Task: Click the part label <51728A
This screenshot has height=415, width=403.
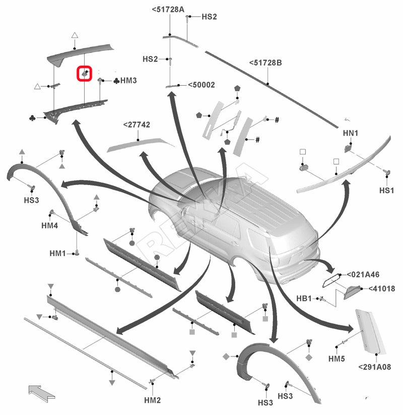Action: click(x=168, y=10)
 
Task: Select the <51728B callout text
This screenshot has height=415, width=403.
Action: click(x=265, y=63)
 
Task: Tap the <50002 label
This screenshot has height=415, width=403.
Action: click(x=201, y=85)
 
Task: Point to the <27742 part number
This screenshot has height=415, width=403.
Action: click(x=137, y=125)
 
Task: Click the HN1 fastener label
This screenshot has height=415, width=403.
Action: click(x=351, y=133)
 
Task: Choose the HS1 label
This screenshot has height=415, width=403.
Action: click(x=386, y=190)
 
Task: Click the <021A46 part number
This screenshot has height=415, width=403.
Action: click(x=363, y=274)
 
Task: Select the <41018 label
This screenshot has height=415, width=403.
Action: click(x=381, y=288)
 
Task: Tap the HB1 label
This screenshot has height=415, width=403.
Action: click(x=304, y=299)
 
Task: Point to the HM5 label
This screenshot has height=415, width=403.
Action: click(x=337, y=359)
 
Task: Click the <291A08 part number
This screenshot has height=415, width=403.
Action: click(x=374, y=367)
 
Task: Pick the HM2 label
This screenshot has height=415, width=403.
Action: click(x=153, y=400)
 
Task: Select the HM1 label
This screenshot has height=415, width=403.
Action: click(x=57, y=253)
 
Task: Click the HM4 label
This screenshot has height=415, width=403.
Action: click(x=50, y=225)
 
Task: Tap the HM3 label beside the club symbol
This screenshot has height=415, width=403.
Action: click(x=128, y=81)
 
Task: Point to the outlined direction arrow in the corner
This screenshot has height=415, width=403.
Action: click(x=41, y=393)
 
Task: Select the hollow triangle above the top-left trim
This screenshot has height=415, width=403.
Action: click(x=75, y=35)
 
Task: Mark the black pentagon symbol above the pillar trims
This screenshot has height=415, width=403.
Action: click(x=237, y=88)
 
